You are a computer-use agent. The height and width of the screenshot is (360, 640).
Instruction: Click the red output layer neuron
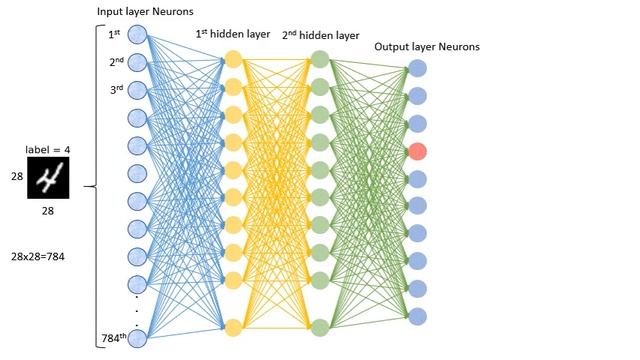(418, 151)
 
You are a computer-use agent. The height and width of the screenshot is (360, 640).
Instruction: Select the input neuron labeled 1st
(137, 36)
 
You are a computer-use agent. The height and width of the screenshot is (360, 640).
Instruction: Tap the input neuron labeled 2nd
(137, 64)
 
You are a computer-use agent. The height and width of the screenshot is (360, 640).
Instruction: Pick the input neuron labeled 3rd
(137, 91)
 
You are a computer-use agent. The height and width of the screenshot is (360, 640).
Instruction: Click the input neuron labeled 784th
(137, 338)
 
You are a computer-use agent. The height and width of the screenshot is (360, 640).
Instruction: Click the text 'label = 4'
(48, 150)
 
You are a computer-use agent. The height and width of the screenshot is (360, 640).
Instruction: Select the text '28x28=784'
(39, 257)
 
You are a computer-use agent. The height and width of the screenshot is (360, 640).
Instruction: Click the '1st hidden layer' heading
(232, 34)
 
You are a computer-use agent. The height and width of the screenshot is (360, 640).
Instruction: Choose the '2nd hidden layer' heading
(320, 35)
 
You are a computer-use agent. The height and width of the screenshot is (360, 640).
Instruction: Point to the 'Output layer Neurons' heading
(426, 47)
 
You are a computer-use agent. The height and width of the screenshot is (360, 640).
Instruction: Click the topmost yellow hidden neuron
(233, 59)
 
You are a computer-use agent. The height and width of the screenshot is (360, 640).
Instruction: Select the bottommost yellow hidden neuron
(233, 327)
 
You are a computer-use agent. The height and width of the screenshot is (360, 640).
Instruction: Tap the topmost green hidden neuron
(320, 59)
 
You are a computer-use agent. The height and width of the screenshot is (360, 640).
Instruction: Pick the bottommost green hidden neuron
(320, 327)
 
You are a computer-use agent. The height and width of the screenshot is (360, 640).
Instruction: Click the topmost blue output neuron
(418, 69)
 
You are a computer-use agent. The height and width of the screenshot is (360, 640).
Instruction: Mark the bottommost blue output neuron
(418, 316)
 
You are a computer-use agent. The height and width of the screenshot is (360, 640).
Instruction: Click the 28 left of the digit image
(16, 177)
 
